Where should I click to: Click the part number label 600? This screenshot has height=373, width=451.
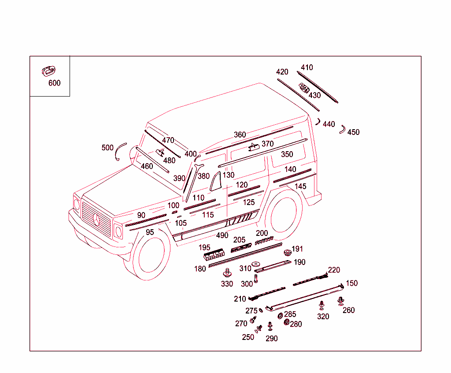coord(54,83)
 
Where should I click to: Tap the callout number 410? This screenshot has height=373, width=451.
coord(307,67)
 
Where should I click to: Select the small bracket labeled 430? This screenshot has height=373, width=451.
coord(304,88)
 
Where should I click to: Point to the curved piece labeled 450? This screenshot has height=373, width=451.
coord(342,129)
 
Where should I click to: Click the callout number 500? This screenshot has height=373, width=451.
coord(107,148)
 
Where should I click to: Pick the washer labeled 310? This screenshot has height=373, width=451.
coord(256,264)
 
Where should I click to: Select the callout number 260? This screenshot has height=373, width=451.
coord(348,310)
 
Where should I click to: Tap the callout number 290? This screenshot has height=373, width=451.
coord(271,339)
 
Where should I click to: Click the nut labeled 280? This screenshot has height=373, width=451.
coord(287,323)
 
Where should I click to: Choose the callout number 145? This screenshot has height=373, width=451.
coord(300,186)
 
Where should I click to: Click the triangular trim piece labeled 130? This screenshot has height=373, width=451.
coord(216,182)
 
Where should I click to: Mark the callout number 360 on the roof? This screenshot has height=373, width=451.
coord(240,135)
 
